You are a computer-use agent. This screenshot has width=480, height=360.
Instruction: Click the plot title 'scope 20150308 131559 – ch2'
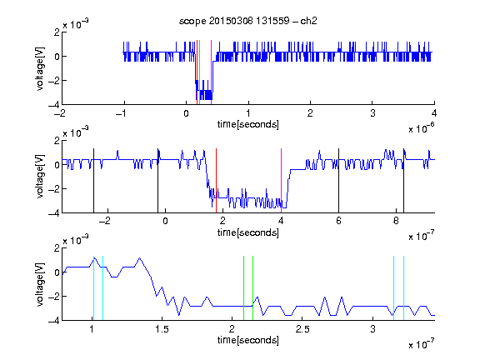(248, 21)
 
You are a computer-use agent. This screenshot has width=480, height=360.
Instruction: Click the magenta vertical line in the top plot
(211, 72)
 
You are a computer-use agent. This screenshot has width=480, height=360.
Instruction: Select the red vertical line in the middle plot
(216, 181)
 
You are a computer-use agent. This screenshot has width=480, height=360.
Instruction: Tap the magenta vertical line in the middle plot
(281, 181)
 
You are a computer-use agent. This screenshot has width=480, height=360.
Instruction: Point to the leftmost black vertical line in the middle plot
(93, 181)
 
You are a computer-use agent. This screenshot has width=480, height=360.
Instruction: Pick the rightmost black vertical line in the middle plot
(403, 181)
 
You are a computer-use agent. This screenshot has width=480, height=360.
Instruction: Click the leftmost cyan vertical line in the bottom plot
(93, 288)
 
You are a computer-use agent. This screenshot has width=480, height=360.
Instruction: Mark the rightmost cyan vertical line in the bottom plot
(403, 288)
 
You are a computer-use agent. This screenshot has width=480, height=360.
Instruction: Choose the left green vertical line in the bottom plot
(243, 288)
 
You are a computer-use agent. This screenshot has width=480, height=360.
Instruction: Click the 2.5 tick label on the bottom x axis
(302, 329)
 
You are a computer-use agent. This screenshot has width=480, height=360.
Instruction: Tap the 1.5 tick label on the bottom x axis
(162, 329)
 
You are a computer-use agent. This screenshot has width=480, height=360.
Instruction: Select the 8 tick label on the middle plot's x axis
(396, 221)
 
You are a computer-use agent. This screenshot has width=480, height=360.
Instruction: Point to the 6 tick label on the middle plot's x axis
(338, 221)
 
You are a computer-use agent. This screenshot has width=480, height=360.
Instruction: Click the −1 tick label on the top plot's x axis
(122, 113)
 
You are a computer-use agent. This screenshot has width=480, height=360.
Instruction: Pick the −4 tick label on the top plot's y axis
(54, 104)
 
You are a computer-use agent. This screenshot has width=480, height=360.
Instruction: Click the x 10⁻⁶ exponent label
(422, 127)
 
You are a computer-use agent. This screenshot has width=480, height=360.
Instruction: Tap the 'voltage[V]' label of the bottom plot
(40, 284)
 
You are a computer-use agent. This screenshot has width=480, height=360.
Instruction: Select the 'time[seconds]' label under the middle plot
(248, 232)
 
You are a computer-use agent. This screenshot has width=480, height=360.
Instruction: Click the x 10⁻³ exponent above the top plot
(76, 23)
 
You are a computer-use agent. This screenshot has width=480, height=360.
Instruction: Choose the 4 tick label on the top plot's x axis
(434, 113)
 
